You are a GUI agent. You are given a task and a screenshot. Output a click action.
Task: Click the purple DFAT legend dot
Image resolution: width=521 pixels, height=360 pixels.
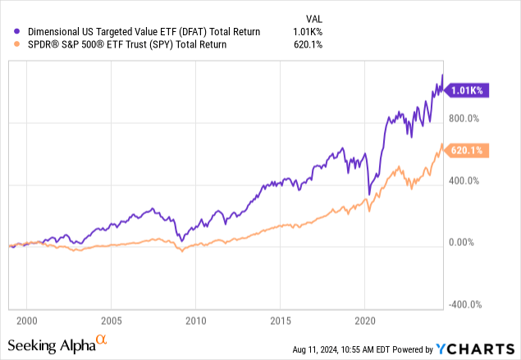click(16, 31)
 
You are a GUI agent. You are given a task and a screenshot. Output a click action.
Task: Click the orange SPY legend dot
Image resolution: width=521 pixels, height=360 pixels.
click(16, 44)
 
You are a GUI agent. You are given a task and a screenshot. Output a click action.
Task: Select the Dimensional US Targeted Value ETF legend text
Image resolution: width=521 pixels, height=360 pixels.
click(144, 32)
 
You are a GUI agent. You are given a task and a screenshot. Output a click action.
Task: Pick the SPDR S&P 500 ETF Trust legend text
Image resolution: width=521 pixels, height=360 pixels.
click(127, 44)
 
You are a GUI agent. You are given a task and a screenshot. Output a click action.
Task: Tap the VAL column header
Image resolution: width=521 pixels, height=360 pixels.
click(314, 19)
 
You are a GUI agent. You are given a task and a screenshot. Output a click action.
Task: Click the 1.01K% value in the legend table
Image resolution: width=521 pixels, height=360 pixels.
click(308, 32)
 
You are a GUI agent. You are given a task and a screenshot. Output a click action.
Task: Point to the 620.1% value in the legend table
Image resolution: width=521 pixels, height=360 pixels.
click(308, 44)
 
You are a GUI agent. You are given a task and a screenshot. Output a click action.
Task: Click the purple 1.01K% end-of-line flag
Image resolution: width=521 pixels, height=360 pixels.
click(467, 90)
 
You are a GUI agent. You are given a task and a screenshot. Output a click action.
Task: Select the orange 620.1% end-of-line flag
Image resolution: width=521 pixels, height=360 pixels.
click(467, 150)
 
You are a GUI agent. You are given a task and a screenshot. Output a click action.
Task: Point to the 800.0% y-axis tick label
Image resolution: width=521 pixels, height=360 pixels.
click(464, 119)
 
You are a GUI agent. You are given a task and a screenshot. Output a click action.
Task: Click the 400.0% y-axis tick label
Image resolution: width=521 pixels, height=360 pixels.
click(464, 181)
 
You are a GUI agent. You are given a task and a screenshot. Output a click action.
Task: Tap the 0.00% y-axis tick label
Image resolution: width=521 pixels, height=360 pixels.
click(461, 243)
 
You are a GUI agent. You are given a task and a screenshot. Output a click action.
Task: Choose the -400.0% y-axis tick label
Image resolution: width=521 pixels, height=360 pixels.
click(465, 304)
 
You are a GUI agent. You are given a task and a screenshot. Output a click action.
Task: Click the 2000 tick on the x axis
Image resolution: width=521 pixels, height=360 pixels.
click(27, 321)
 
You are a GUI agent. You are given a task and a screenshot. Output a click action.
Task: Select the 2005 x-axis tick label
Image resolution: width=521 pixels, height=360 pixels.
click(112, 321)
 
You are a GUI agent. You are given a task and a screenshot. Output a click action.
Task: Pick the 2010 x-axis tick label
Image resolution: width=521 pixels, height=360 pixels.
click(196, 321)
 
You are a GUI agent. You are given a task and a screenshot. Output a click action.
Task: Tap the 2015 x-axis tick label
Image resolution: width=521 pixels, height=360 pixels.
click(281, 321)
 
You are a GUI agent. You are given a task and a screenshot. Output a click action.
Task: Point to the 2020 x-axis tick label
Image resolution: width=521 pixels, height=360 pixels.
click(365, 321)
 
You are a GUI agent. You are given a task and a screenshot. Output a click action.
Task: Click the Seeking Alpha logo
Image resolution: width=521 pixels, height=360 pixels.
click(57, 344)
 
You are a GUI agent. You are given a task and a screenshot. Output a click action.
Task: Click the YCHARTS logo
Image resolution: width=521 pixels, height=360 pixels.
click(475, 349)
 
